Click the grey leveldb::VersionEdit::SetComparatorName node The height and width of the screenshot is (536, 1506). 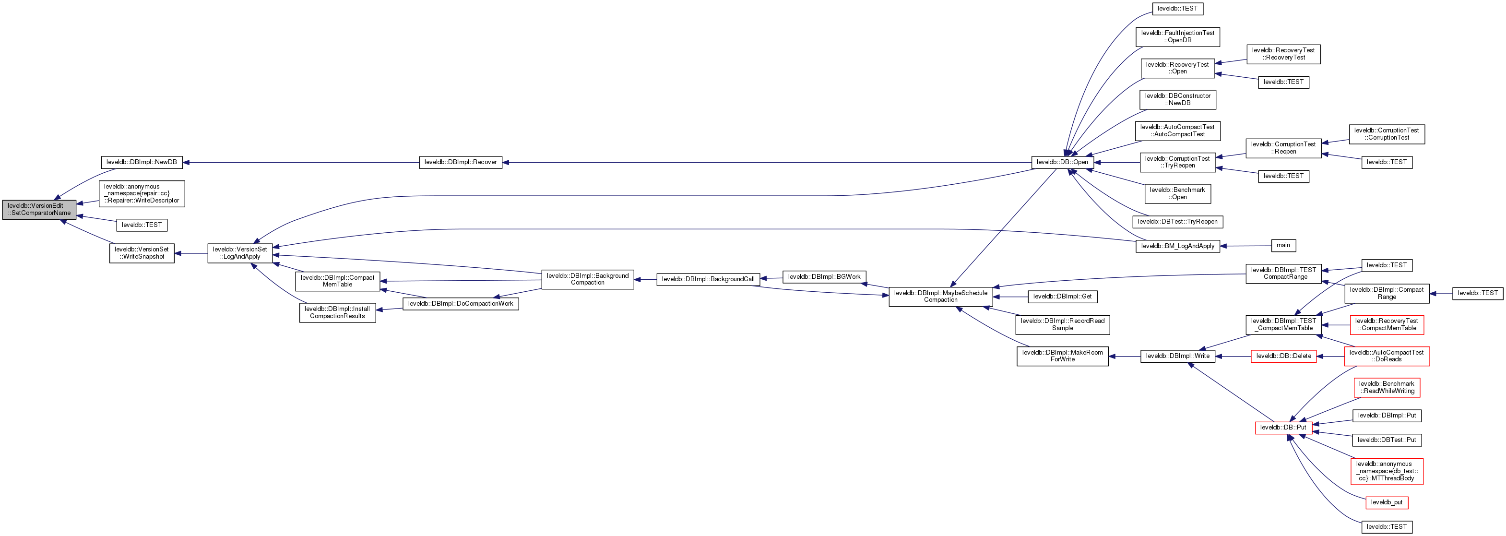pyautogui.click(x=39, y=210)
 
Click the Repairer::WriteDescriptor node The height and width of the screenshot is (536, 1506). pyautogui.click(x=142, y=193)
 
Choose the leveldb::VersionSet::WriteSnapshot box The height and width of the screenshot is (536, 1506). pyautogui.click(x=142, y=253)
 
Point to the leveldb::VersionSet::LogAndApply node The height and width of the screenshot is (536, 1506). pyautogui.click(x=240, y=253)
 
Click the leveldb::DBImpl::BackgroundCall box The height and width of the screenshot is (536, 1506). pyautogui.click(x=708, y=279)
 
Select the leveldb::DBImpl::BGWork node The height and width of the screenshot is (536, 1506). pyautogui.click(x=824, y=277)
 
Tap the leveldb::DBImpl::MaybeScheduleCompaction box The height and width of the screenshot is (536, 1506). pyautogui.click(x=941, y=297)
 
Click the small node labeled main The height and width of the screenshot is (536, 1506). pyautogui.click(x=1283, y=246)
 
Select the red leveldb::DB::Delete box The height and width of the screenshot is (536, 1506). pyautogui.click(x=1283, y=356)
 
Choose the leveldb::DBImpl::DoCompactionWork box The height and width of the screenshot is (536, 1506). pyautogui.click(x=461, y=304)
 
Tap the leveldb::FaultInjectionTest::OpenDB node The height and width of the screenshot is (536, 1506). pyautogui.click(x=1177, y=37)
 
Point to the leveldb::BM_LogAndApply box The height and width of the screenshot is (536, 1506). pyautogui.click(x=1177, y=246)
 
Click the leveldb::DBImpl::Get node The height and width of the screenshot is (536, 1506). pyautogui.click(x=1062, y=297)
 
